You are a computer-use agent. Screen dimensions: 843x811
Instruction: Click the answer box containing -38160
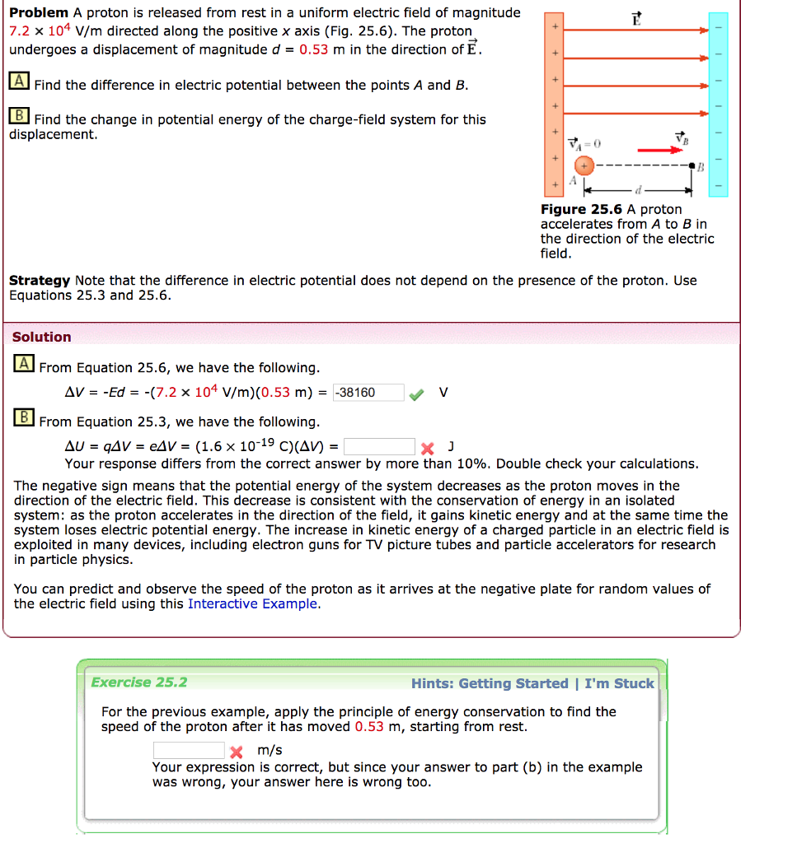coord(368,393)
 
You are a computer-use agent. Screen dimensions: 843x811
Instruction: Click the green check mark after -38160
coord(417,394)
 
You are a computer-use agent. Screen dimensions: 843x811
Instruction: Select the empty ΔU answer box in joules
coord(379,447)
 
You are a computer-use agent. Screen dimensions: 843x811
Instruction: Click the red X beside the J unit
coord(427,449)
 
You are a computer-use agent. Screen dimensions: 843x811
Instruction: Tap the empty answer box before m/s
coord(189,750)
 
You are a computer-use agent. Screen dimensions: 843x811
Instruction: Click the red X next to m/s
coord(237,752)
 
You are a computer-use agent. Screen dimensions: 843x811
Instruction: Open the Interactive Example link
coord(252,604)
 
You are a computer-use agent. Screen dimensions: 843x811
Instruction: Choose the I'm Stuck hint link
coord(619,683)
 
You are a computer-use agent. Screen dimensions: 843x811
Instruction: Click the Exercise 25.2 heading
coord(139,682)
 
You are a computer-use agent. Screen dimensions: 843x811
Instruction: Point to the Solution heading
coord(42,337)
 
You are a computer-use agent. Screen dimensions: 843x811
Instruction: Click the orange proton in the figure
coord(584,166)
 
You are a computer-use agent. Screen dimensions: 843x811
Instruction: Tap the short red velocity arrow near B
coord(666,151)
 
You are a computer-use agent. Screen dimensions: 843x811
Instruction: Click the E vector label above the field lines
coord(635,19)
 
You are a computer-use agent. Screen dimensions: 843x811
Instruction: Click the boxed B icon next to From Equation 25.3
coord(24,417)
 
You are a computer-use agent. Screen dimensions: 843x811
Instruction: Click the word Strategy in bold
coord(39,281)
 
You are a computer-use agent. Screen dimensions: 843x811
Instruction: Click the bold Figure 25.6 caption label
coord(581,210)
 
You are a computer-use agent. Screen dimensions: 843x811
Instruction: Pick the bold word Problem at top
coord(39,12)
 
